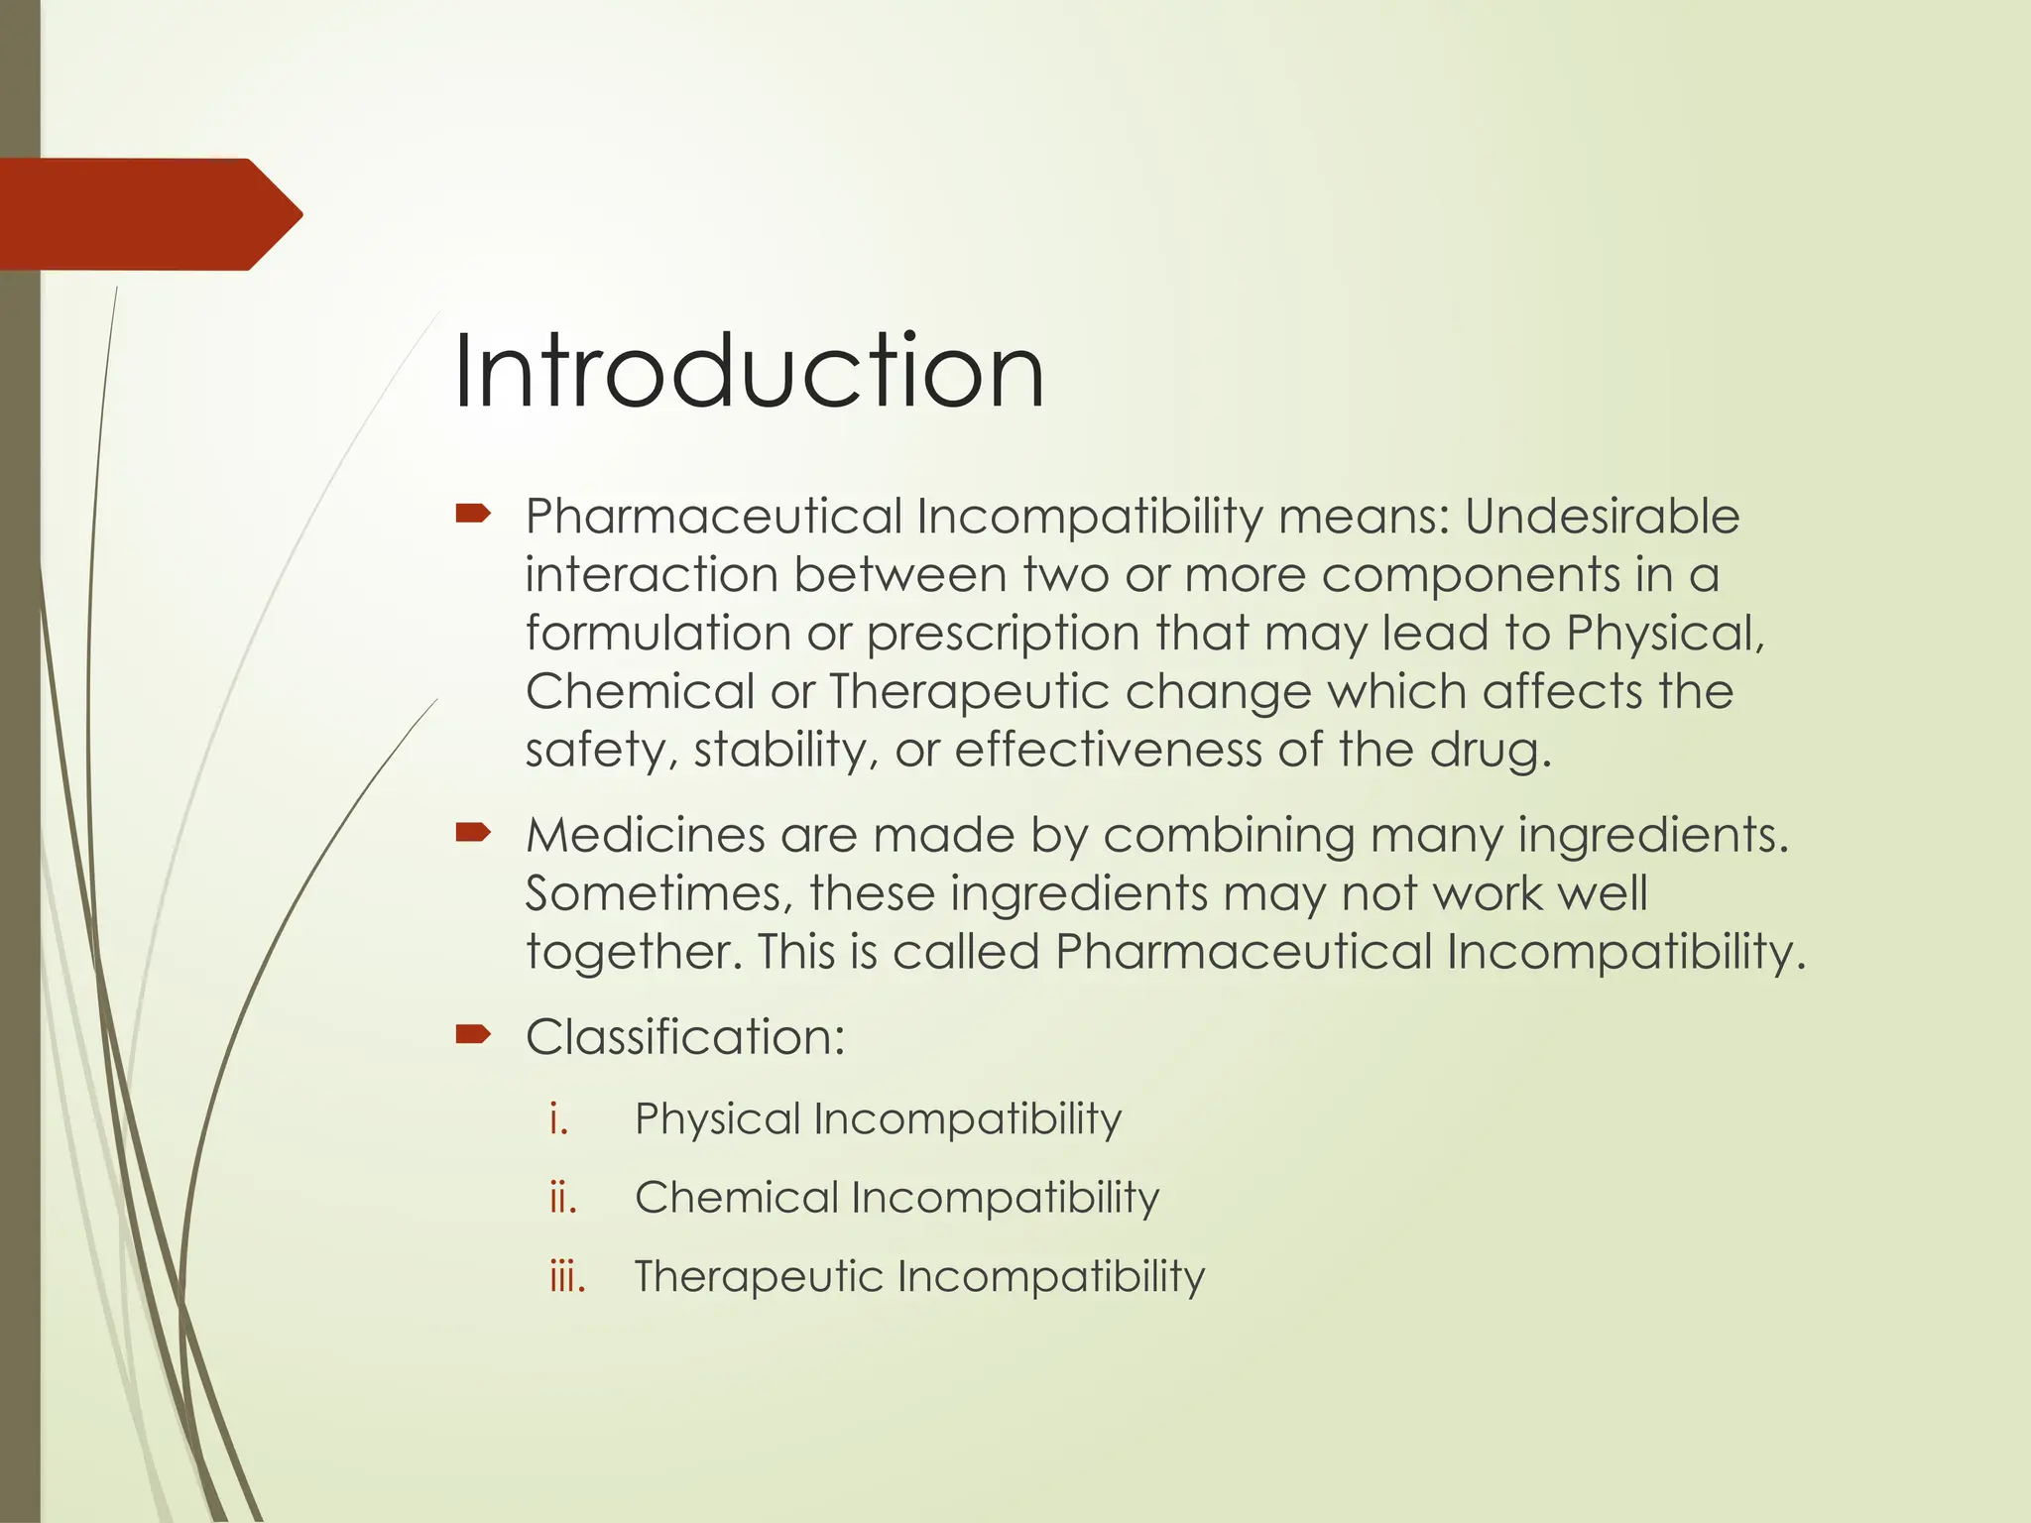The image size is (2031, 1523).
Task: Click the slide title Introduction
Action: (749, 372)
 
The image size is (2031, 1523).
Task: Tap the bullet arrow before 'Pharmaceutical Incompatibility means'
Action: (473, 514)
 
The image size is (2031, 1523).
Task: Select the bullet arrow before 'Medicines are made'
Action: (473, 832)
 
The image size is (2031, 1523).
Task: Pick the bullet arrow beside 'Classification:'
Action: (473, 1035)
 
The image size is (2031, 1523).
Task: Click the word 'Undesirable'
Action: (1602, 517)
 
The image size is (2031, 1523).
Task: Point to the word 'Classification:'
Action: (685, 1037)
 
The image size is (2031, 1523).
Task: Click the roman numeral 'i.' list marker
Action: (559, 1118)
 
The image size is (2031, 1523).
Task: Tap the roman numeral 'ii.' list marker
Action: (563, 1198)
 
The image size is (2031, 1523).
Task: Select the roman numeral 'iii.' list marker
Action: (567, 1276)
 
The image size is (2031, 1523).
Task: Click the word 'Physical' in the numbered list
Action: (717, 1119)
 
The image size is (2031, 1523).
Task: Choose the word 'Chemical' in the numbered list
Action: (736, 1198)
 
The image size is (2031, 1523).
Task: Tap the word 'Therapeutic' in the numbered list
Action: (759, 1276)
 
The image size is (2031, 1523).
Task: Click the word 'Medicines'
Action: (645, 835)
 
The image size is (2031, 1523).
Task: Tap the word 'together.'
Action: (634, 952)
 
